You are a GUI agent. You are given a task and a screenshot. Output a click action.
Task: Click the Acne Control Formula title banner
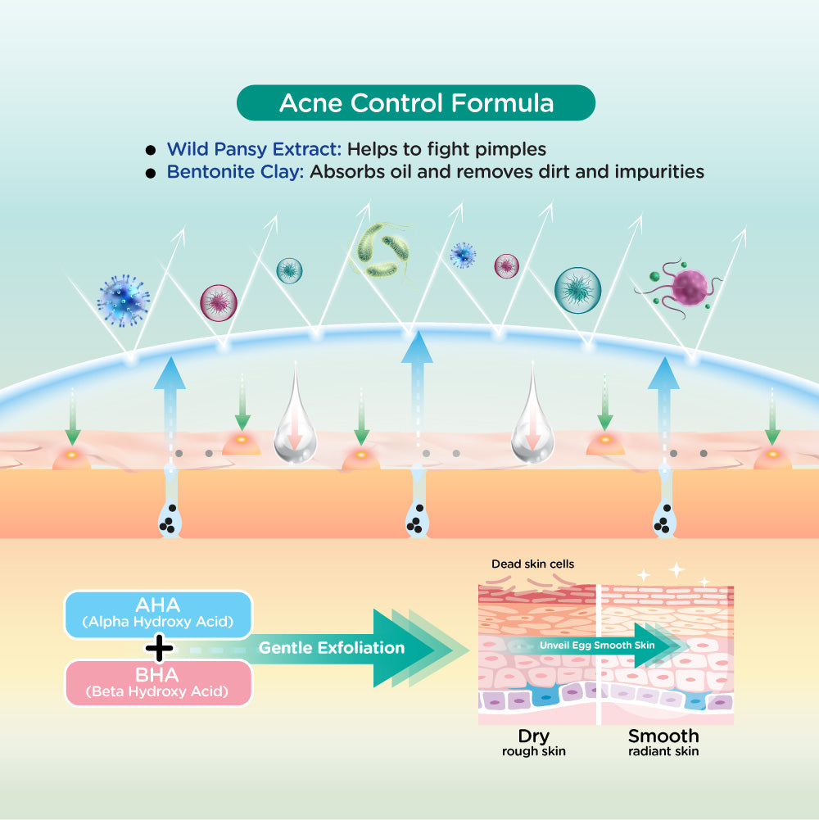[x=415, y=103]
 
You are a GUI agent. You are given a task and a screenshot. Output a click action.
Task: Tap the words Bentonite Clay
[x=235, y=173]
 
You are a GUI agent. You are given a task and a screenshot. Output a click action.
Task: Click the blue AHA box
[x=158, y=614]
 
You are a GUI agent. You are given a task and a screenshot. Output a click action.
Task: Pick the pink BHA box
[x=158, y=682]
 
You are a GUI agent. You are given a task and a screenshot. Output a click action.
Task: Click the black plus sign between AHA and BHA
[x=159, y=649]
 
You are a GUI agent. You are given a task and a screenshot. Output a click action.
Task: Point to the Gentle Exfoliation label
[x=332, y=648]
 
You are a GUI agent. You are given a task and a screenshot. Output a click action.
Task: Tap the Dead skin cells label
[x=533, y=564]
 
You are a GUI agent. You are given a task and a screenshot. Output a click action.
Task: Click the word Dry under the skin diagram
[x=533, y=735]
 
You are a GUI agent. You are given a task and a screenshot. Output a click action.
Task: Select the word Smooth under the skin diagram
[x=663, y=735]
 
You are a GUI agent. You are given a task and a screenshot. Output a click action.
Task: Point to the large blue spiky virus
[x=124, y=300]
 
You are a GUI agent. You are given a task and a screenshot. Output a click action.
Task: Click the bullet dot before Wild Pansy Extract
[x=150, y=151]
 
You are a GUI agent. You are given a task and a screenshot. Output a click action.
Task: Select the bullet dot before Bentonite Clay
[x=150, y=174]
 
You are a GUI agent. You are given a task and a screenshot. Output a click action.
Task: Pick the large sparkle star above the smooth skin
[x=676, y=570]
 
